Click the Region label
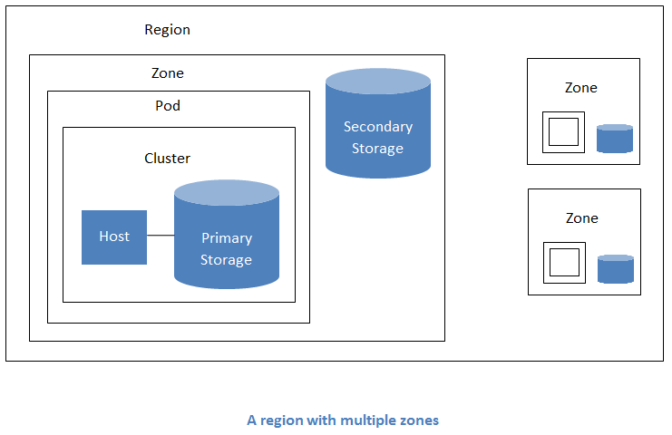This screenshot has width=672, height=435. (167, 30)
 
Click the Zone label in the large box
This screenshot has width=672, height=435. (167, 73)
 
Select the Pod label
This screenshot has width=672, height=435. (168, 106)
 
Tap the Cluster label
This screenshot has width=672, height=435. (168, 159)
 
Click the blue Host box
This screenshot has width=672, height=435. (114, 237)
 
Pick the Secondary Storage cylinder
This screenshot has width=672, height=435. (378, 131)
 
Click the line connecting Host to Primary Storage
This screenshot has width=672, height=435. (161, 236)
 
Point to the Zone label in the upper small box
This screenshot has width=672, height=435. (581, 88)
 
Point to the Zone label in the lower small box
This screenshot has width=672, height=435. (581, 218)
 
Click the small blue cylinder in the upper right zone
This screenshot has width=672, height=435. (615, 139)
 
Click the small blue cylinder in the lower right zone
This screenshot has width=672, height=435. (616, 269)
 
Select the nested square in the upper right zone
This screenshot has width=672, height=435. (563, 132)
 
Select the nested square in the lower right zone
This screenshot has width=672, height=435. (564, 263)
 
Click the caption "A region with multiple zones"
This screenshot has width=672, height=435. (343, 420)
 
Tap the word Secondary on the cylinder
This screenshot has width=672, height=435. (378, 127)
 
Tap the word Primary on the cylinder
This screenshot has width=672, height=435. (227, 238)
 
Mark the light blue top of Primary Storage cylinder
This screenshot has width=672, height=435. (227, 192)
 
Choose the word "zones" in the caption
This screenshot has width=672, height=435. (420, 420)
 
